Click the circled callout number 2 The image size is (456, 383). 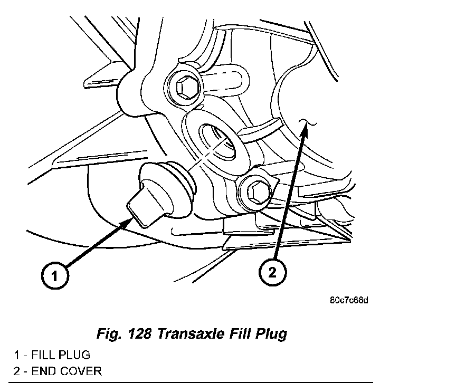point(272,273)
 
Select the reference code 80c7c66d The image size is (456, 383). point(348,301)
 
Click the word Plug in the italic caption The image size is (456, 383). point(271,334)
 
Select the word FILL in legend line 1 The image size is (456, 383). point(43,355)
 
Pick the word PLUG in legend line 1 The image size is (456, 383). point(74,355)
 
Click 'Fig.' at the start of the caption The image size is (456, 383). point(108,334)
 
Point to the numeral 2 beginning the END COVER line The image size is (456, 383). point(17,370)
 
